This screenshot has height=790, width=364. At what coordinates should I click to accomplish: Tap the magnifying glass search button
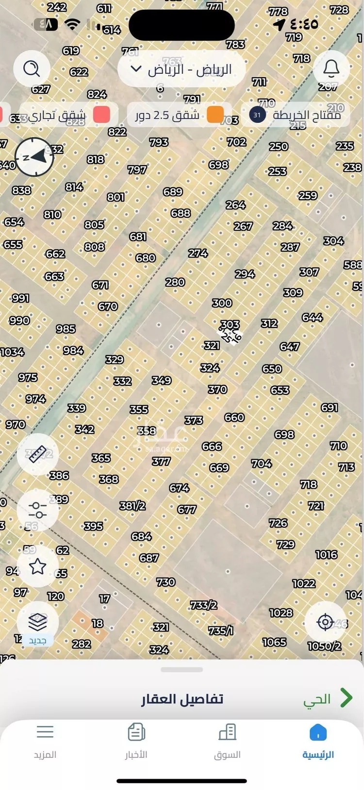[x=32, y=69]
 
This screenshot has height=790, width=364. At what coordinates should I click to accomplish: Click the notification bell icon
[x=331, y=69]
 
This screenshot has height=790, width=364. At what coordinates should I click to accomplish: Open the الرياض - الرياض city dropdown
[x=182, y=69]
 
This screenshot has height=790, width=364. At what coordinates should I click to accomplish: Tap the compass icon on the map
[x=34, y=157]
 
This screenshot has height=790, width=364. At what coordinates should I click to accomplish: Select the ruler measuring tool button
[x=37, y=454]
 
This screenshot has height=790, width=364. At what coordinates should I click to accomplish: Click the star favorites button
[x=37, y=566]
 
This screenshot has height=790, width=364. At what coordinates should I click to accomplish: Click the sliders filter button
[x=37, y=510]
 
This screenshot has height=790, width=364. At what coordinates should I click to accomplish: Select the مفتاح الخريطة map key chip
[x=296, y=115]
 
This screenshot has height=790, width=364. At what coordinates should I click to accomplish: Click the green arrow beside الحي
[x=346, y=698]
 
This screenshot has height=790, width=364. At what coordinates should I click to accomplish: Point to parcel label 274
[x=198, y=253]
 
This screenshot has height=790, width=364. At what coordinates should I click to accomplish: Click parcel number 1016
[x=326, y=554]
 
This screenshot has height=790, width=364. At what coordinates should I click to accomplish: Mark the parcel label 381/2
[x=132, y=506]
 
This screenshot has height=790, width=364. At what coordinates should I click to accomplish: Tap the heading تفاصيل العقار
[x=182, y=699]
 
